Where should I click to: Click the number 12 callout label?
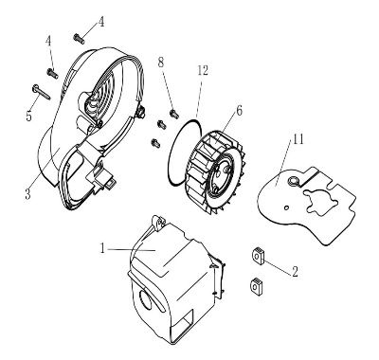click(x=203, y=71)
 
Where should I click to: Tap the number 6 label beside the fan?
click(x=239, y=110)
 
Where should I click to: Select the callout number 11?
click(x=298, y=139)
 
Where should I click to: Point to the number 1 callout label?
click(x=102, y=249)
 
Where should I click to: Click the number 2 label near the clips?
click(x=295, y=272)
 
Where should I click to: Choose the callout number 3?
click(x=28, y=194)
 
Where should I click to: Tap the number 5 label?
click(x=28, y=117)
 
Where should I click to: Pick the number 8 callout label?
click(x=161, y=63)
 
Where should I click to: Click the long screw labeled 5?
click(x=41, y=92)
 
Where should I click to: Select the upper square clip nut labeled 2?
click(x=258, y=255)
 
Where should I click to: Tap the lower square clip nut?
click(x=256, y=286)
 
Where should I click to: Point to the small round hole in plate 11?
click(x=286, y=207)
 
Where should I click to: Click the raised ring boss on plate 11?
click(x=294, y=181)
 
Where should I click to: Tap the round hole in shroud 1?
click(x=146, y=300)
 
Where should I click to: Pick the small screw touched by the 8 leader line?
click(x=174, y=114)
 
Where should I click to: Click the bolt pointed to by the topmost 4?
click(x=79, y=39)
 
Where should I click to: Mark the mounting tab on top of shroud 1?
click(x=159, y=221)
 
